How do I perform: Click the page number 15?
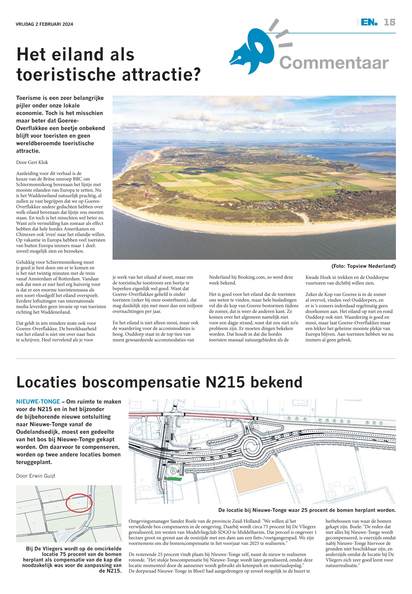[389, 23]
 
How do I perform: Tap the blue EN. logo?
[369, 23]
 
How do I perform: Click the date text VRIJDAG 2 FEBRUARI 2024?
[44, 24]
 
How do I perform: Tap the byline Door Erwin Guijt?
[36, 476]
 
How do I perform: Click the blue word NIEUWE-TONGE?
[38, 402]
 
